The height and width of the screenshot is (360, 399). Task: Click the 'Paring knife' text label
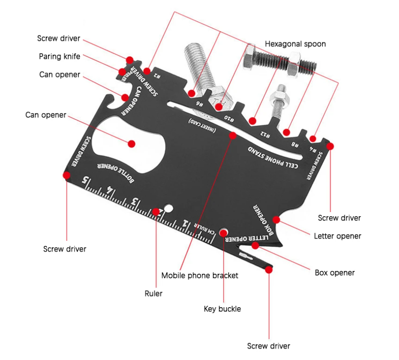pyautogui.click(x=59, y=57)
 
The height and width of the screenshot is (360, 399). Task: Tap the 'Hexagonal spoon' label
pyautogui.click(x=295, y=44)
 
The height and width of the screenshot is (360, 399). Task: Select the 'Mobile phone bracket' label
pyautogui.click(x=199, y=276)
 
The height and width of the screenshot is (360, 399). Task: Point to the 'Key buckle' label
pyautogui.click(x=222, y=309)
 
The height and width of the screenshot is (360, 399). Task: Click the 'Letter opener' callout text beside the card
pyautogui.click(x=337, y=236)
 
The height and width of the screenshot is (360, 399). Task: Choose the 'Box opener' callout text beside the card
pyautogui.click(x=334, y=272)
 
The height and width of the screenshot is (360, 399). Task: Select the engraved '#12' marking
pyautogui.click(x=267, y=134)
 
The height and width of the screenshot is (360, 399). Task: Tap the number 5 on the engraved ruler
pyautogui.click(x=85, y=180)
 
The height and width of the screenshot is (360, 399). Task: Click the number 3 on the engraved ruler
pyautogui.click(x=136, y=202)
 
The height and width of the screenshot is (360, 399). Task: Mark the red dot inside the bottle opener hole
pyautogui.click(x=132, y=143)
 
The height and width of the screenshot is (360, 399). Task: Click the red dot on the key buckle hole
pyautogui.click(x=224, y=232)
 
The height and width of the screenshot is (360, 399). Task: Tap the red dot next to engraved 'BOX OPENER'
pyautogui.click(x=276, y=219)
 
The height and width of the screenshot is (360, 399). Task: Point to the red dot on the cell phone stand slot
pyautogui.click(x=232, y=136)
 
